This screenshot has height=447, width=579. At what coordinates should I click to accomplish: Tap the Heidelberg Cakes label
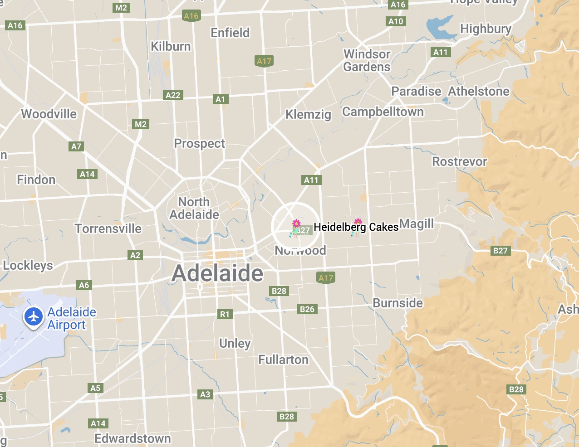pyautogui.click(x=356, y=227)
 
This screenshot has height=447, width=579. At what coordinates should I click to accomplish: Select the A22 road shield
pyautogui.click(x=173, y=95)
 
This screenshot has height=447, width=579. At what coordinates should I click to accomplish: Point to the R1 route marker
pyautogui.click(x=225, y=314)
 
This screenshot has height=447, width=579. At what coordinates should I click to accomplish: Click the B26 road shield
pyautogui.click(x=307, y=309)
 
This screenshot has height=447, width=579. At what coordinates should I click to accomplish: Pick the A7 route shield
pyautogui.click(x=76, y=146)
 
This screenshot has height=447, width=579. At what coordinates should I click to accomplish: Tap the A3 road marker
pyautogui.click(x=205, y=394)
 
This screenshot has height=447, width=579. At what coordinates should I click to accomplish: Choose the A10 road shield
pyautogui.click(x=396, y=21)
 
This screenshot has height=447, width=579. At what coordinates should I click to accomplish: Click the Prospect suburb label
pyautogui.click(x=199, y=144)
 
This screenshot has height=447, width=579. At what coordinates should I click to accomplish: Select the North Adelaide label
pyautogui.click(x=194, y=208)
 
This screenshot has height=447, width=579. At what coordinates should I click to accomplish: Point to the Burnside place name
pyautogui.click(x=397, y=303)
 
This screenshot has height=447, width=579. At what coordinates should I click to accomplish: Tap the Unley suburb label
pyautogui.click(x=235, y=343)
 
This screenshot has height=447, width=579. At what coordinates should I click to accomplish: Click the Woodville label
pyautogui.click(x=49, y=114)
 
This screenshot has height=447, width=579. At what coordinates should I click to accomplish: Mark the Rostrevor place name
pyautogui.click(x=459, y=162)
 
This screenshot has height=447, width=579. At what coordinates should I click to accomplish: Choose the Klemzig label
pyautogui.click(x=308, y=114)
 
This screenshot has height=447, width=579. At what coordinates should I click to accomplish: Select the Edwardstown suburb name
pyautogui.click(x=132, y=438)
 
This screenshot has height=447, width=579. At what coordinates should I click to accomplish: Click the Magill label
pyautogui.click(x=417, y=224)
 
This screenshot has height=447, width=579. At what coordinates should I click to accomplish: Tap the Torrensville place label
pyautogui.click(x=108, y=228)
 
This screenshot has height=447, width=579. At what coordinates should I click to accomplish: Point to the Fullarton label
pyautogui.click(x=283, y=360)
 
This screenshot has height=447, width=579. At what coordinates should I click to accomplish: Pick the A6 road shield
pyautogui.click(x=84, y=285)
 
